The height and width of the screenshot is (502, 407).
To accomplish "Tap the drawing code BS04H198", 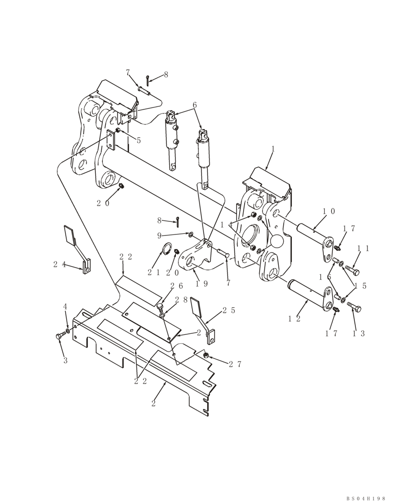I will click(365, 498).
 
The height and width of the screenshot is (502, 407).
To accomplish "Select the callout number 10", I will click(329, 212).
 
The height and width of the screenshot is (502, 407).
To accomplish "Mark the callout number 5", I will click(139, 141).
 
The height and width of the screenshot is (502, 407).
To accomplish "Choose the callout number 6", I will click(194, 105).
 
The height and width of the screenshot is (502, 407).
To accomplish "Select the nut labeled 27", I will click(206, 355).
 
